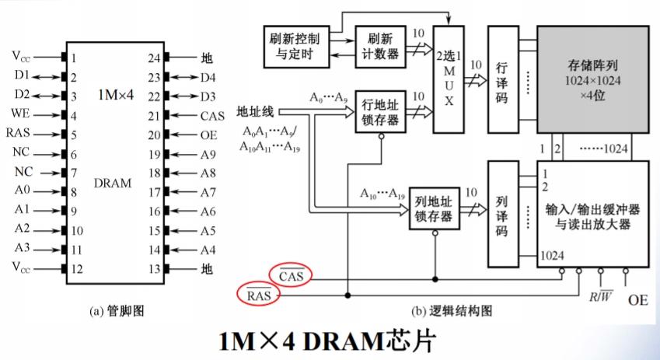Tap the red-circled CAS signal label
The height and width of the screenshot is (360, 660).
[x=295, y=275]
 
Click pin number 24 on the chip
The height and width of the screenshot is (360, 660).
[x=154, y=57]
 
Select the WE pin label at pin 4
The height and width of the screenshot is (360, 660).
[x=20, y=115]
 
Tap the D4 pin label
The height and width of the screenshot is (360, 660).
[x=208, y=76]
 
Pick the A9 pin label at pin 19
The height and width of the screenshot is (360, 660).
[x=207, y=153]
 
